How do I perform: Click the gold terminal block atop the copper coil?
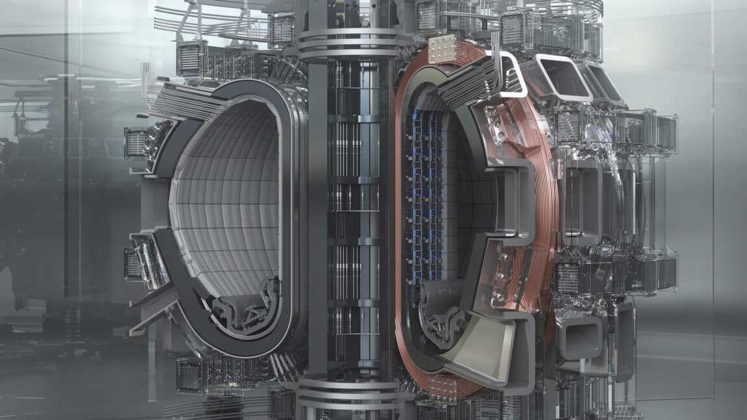(x=442, y=49)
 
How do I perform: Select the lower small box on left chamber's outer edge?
(x=136, y=262)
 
